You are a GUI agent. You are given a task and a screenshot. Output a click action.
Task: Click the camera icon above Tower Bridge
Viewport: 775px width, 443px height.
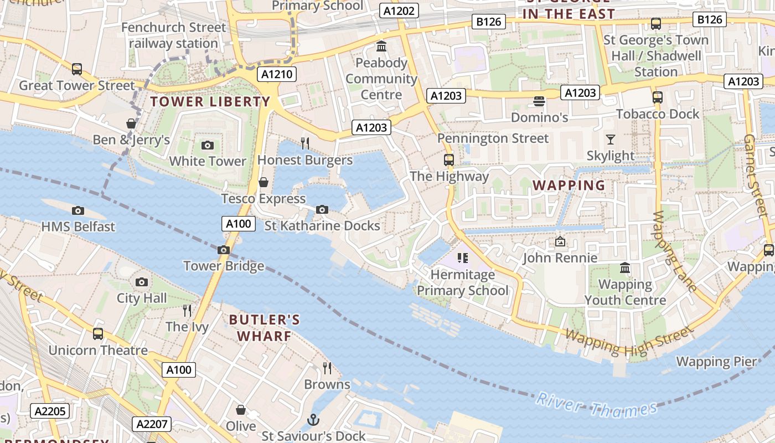click(x=224, y=250)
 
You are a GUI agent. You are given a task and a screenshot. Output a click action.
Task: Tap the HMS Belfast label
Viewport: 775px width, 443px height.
click(x=78, y=226)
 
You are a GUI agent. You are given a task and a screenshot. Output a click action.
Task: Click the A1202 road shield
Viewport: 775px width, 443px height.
click(x=399, y=11)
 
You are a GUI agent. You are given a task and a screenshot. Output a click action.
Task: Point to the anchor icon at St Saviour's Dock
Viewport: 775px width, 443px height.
click(x=313, y=420)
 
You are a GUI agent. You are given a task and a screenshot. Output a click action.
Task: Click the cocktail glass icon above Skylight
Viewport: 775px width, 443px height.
click(x=611, y=139)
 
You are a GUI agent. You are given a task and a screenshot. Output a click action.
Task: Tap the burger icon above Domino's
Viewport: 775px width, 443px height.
click(x=539, y=101)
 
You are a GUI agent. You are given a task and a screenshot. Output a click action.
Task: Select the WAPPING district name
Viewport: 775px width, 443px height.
click(x=569, y=186)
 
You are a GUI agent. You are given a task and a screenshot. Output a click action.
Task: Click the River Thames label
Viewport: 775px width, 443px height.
click(x=596, y=406)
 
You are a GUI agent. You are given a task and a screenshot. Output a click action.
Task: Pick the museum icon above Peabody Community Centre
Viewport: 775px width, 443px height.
click(x=381, y=46)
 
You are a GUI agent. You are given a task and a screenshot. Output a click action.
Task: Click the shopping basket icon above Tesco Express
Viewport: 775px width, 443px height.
click(x=263, y=182)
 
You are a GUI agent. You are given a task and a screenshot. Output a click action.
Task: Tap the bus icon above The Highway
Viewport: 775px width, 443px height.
click(x=449, y=160)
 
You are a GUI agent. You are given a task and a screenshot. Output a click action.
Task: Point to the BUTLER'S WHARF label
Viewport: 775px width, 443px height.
click(x=265, y=328)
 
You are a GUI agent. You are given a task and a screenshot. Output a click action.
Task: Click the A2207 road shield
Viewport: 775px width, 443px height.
click(x=152, y=425)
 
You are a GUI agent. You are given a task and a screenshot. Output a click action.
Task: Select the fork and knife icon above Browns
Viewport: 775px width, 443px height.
click(x=327, y=368)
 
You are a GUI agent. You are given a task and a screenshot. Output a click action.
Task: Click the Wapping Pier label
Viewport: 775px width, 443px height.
click(x=716, y=362)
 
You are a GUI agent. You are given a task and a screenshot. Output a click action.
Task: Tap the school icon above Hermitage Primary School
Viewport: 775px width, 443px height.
click(x=462, y=257)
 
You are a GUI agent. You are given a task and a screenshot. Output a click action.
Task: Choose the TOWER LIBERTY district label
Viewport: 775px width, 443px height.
click(x=210, y=102)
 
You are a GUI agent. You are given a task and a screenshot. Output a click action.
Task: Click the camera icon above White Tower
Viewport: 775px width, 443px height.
click(x=208, y=145)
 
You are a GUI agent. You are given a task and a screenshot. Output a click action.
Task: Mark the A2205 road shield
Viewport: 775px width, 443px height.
click(x=50, y=411)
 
